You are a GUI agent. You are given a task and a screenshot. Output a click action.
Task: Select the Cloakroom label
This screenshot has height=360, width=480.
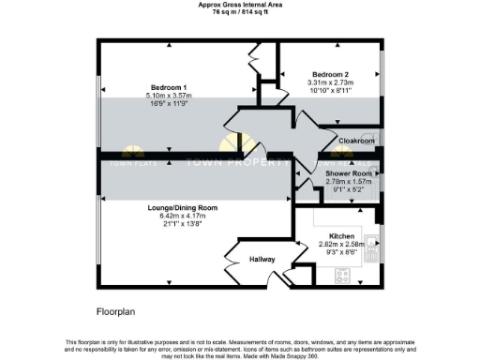(356, 141)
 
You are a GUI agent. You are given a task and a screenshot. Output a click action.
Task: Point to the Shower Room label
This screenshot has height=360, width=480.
(349, 173)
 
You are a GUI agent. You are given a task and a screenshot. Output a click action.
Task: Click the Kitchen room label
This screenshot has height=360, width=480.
(341, 235)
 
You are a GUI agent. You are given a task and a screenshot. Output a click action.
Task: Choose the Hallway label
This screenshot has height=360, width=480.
(262, 260)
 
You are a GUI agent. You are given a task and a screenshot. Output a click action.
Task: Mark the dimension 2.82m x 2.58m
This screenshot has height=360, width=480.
(341, 244)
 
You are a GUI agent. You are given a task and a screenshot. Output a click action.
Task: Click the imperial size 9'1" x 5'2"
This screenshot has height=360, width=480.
(349, 190)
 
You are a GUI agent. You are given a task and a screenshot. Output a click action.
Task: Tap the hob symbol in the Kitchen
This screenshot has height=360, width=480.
(343, 276)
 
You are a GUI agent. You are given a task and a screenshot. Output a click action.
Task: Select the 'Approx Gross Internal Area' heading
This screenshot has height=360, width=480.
(240, 5)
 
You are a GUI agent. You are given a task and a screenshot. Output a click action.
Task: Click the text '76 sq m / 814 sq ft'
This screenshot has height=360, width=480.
(240, 12)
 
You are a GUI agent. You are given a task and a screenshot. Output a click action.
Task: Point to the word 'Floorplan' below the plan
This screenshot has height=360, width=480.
(117, 308)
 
